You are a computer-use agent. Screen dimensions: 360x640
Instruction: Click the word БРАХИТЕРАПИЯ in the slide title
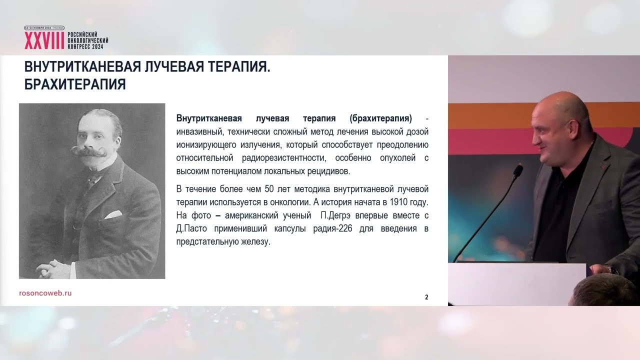tap(75, 84)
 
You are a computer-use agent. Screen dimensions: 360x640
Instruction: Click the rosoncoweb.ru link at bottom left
tap(45, 293)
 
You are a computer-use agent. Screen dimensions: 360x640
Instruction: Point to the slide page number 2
tap(426, 297)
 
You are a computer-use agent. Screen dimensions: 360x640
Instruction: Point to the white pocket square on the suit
tap(113, 214)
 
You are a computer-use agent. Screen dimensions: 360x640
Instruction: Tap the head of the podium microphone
tap(518, 171)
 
